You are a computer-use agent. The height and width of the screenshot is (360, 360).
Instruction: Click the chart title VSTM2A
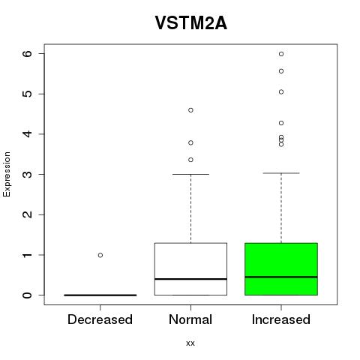click(x=191, y=23)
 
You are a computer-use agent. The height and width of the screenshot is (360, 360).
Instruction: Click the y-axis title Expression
click(x=7, y=174)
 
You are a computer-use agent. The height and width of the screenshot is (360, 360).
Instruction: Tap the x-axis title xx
click(x=190, y=343)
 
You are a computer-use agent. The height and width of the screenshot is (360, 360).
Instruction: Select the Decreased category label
click(x=100, y=319)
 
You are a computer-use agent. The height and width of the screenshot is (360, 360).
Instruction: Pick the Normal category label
click(x=190, y=319)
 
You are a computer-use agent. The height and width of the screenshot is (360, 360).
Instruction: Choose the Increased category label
click(x=281, y=319)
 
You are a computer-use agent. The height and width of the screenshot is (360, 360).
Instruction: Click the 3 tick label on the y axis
click(x=28, y=174)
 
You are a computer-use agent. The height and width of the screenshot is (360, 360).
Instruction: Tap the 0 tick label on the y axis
click(x=28, y=295)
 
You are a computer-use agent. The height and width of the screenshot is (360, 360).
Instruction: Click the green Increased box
click(x=281, y=269)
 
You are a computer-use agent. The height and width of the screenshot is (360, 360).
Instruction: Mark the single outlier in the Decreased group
click(x=100, y=255)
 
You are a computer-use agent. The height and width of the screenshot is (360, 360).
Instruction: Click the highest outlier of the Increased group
click(x=281, y=54)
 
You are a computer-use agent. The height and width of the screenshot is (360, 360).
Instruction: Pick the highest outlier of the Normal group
click(x=190, y=110)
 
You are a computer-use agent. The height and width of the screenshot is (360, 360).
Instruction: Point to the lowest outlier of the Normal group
click(x=190, y=160)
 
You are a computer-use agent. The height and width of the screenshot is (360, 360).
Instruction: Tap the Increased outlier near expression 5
click(x=281, y=92)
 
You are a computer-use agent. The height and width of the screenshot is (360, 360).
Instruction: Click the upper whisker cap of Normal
click(x=190, y=174)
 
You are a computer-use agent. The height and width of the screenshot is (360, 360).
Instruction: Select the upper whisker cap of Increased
click(x=281, y=173)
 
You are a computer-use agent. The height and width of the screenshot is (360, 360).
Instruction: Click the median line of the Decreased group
click(x=100, y=295)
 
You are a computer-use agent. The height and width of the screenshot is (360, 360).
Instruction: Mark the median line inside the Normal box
click(x=190, y=279)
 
